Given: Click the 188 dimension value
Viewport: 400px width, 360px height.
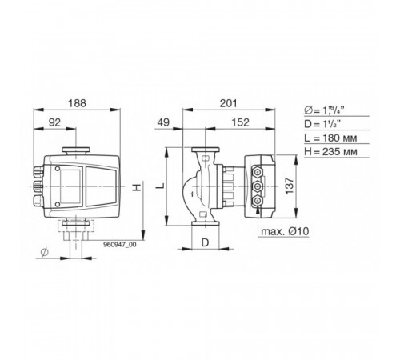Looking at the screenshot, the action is click(78, 103).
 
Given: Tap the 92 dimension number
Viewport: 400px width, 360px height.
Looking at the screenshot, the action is click(54, 122).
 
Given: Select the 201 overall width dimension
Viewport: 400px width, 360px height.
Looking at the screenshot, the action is click(228, 103).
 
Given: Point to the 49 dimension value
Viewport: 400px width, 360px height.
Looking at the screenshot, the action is click(163, 122).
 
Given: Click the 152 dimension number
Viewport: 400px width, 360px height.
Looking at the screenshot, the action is click(240, 122).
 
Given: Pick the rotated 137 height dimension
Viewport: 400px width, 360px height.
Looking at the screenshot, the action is click(289, 186).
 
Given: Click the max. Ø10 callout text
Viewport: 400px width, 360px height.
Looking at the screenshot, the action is click(285, 231).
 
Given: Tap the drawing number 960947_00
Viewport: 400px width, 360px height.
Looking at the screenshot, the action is click(120, 245).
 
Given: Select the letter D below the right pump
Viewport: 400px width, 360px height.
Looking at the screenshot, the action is click(205, 242).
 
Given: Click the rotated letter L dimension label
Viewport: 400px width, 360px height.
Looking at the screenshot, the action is click(160, 186).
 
